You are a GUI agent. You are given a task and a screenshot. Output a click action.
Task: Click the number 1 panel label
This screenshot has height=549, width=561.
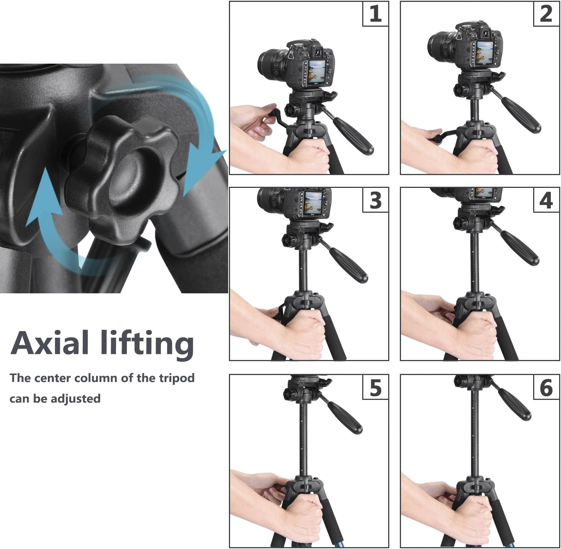(375, 14)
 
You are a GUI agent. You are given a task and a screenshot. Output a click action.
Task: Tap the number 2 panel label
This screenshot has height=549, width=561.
(546, 14)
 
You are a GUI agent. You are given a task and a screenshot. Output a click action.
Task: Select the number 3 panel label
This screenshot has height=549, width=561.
(375, 200)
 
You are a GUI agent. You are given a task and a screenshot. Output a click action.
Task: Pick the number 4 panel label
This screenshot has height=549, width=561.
(546, 200)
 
